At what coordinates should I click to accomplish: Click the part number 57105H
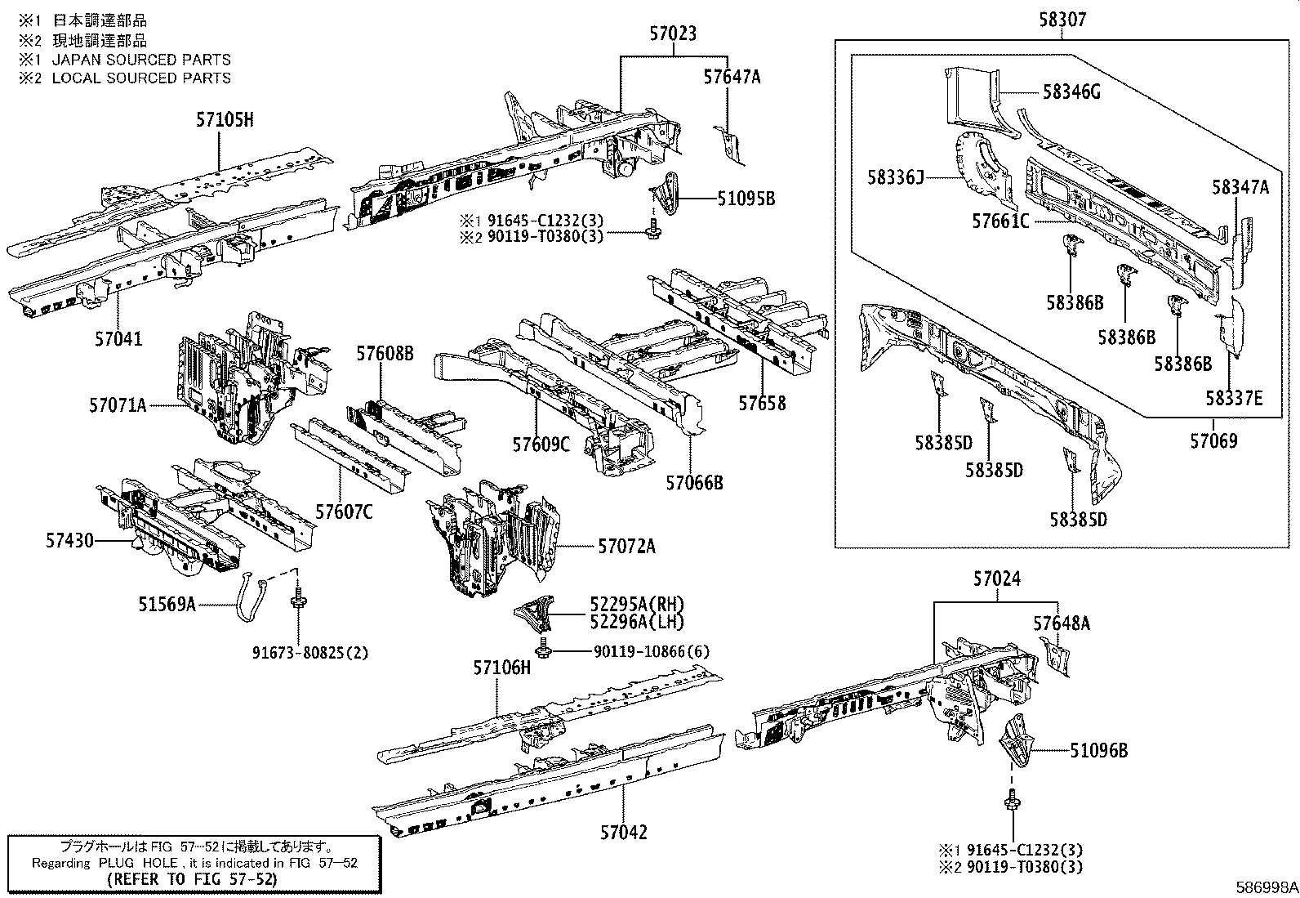pos(225,121)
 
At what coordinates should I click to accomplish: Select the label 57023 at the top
pos(674,34)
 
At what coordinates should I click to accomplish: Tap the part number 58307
pos(1062,19)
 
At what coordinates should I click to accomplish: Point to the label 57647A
pos(732,77)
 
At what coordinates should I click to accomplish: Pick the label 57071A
pos(118,404)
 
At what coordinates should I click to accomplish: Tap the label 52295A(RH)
pos(637,604)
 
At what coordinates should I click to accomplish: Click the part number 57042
pos(623,833)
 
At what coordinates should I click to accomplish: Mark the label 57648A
pos(1062,623)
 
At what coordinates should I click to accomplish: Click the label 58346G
pos(1071,92)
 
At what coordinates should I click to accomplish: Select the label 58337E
pos(1234,398)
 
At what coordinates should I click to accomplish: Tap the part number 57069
pos(1213,441)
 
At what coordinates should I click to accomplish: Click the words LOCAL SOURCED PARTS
pos(141,78)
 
